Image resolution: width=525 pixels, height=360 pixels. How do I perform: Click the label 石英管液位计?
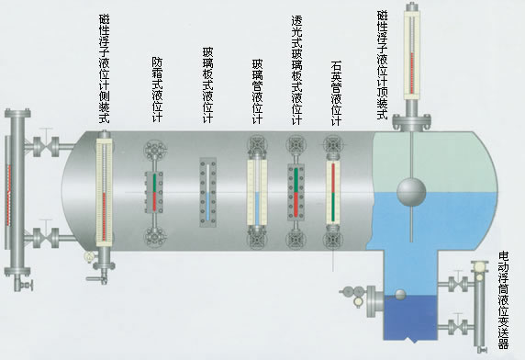336,92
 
